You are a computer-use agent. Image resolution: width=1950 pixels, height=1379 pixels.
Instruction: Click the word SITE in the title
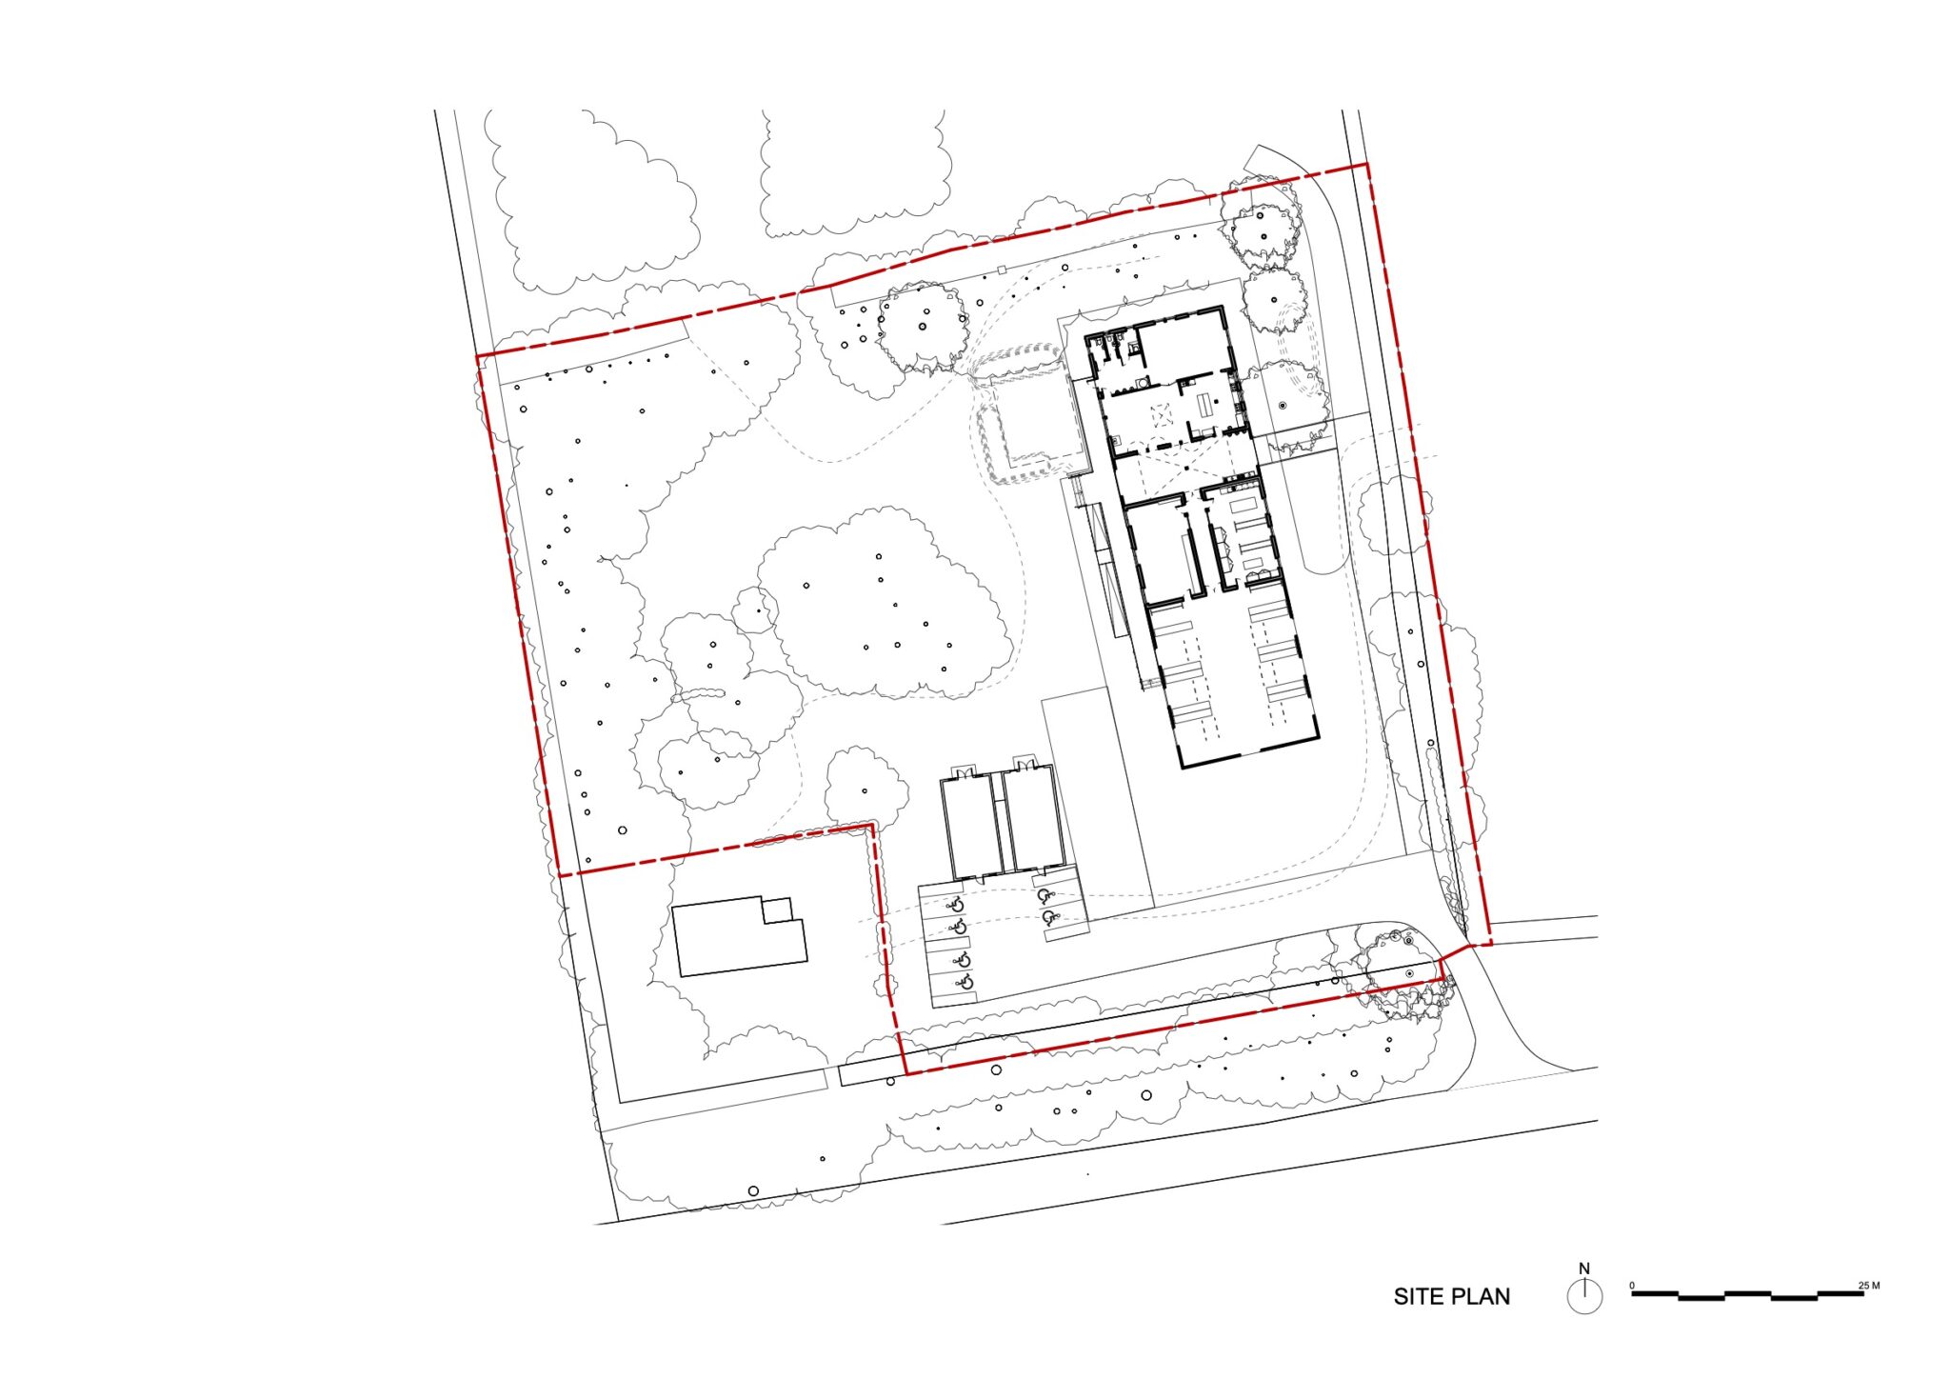click(x=1419, y=1297)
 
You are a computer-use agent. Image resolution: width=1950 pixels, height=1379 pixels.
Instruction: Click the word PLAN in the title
click(x=1481, y=1297)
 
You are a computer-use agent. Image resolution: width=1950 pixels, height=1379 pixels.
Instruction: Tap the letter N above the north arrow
click(x=1584, y=1269)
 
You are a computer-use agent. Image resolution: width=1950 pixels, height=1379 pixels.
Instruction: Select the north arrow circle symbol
click(x=1584, y=1297)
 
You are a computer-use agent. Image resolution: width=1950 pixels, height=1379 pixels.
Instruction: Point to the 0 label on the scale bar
click(x=1632, y=1286)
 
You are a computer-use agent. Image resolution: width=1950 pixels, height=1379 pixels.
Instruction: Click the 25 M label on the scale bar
click(x=1869, y=1286)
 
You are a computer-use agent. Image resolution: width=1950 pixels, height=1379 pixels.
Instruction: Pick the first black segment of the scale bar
click(x=1655, y=1294)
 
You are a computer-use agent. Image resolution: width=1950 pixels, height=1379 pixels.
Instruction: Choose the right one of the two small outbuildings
click(x=1034, y=819)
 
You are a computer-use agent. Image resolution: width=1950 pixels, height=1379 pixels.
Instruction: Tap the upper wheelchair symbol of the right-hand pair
click(x=1045, y=895)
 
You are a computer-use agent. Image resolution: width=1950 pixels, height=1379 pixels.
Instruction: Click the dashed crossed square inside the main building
click(x=1162, y=416)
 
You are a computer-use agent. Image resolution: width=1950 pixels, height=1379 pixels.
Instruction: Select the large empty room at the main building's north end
click(x=1181, y=346)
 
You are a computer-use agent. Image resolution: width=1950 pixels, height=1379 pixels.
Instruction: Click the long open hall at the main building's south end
click(x=1228, y=676)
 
